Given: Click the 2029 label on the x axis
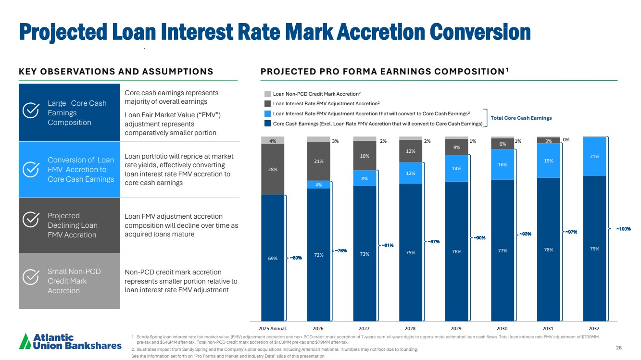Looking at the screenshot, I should click(456, 328).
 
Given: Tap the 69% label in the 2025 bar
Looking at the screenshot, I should click(272, 259).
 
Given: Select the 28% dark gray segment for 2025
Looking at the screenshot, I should click(272, 169).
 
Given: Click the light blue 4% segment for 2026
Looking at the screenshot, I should click(318, 185).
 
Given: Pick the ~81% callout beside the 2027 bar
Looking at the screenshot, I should click(387, 245).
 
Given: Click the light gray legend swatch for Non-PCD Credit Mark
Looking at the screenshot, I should click(267, 94).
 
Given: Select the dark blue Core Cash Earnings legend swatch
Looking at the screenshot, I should click(267, 124).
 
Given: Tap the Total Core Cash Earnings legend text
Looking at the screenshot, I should click(521, 118).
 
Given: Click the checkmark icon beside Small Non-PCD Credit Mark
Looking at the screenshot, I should click(31, 276).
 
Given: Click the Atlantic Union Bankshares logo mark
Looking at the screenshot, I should click(25, 341).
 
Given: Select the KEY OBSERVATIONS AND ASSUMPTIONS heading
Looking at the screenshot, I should click(116, 72).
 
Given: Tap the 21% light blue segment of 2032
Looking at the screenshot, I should click(594, 156).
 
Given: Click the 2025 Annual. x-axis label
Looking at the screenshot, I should click(273, 328).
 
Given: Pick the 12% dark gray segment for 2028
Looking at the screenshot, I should click(410, 151).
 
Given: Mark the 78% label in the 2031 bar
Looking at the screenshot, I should click(548, 249).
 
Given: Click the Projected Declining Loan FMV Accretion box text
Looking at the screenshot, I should click(72, 225).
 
